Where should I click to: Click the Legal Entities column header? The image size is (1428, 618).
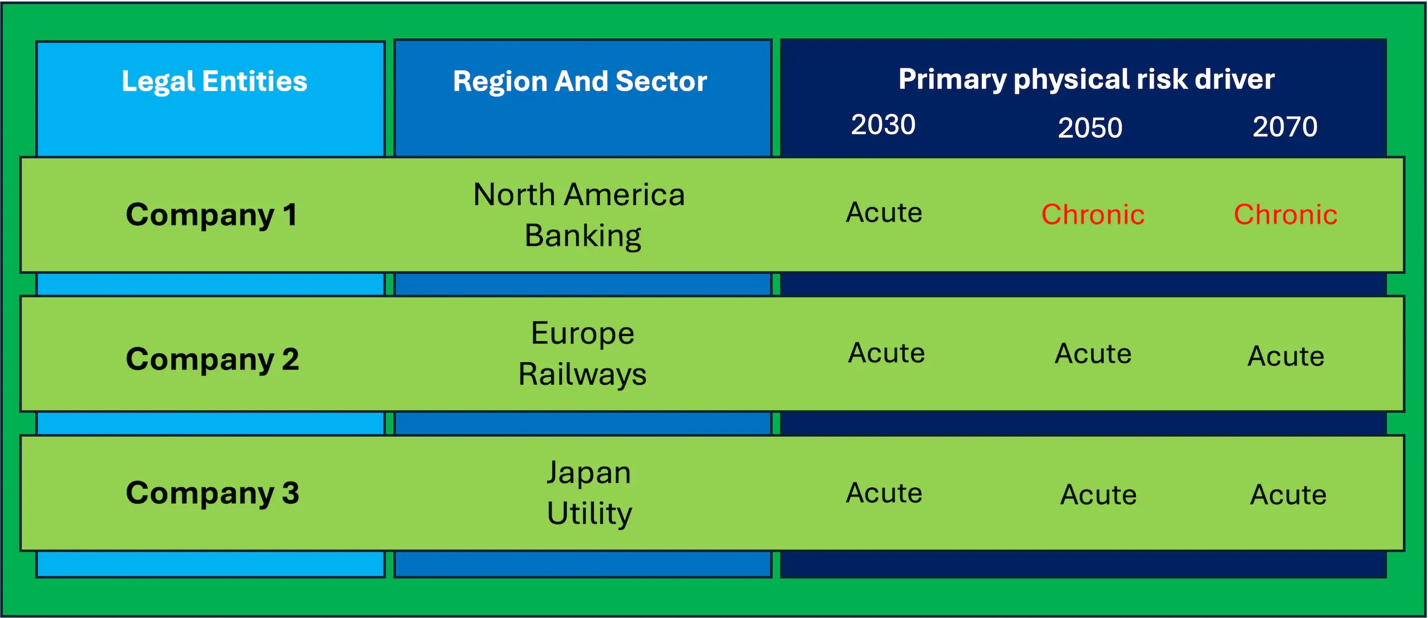pos(214,82)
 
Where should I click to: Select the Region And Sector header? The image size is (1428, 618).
pos(580,82)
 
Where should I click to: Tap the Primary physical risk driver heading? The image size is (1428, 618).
pos(1086,79)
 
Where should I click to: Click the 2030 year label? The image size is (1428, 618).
pos(883,124)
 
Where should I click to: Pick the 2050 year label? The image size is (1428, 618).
pos(1090,127)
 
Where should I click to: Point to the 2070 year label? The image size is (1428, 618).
pos(1285,126)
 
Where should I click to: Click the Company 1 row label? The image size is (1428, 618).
pos(211,215)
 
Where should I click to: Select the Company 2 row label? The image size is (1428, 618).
pos(212,359)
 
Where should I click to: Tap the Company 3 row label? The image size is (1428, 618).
pos(212,493)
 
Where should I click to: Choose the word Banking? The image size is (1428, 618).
pos(583,236)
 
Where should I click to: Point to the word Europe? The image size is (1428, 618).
pos(583,333)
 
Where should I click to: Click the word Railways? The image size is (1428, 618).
pos(583,374)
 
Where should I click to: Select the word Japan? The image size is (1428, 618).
pos(589,473)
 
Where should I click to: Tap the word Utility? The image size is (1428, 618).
pos(589,513)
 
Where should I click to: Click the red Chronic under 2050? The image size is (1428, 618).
pos(1093,215)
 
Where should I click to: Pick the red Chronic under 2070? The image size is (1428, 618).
pos(1286,215)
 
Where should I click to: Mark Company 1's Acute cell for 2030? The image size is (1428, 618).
pos(884,212)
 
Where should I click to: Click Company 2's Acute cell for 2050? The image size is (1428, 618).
pos(1093,353)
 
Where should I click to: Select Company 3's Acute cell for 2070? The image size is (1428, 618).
pos(1288,494)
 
